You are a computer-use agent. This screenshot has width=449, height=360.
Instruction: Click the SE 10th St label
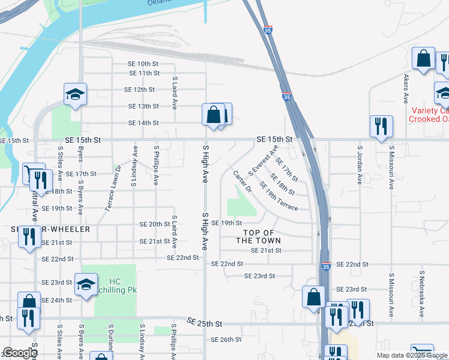[143, 64]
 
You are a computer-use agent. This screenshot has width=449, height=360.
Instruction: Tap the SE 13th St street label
[143, 106]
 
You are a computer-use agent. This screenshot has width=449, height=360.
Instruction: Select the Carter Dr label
[243, 181]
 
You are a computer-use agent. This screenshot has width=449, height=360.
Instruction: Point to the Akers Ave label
[406, 89]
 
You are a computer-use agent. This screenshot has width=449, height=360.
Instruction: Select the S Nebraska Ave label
[421, 296]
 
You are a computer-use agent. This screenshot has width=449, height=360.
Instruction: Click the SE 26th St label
[226, 340]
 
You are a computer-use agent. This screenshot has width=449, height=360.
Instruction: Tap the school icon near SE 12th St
[75, 94]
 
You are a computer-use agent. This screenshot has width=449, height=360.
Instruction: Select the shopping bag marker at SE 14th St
[213, 113]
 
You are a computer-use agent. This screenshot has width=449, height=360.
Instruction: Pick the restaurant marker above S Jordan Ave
[381, 126]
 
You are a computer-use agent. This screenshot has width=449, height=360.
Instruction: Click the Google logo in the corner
[19, 353]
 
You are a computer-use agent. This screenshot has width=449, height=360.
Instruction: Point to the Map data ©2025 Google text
[412, 355]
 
